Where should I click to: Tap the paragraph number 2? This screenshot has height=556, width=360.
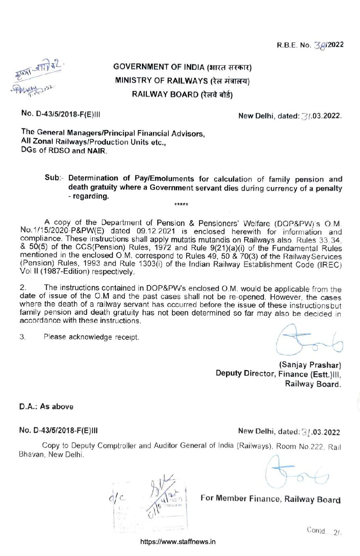[22, 288]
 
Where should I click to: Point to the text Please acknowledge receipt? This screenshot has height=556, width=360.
[91, 337]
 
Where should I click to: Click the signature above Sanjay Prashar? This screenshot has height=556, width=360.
[309, 340]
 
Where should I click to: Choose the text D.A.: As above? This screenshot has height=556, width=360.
[47, 407]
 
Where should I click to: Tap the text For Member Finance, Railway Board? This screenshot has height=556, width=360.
[270, 498]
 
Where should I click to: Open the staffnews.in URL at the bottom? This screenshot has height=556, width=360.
[178, 542]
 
